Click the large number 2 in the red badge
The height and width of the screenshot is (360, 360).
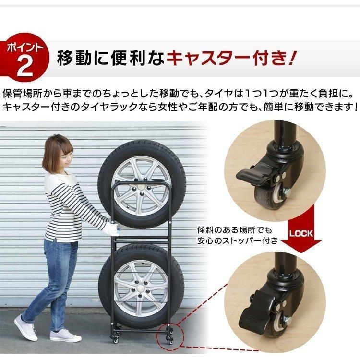point(24,67)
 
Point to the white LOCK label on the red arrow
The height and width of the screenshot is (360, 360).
point(301,234)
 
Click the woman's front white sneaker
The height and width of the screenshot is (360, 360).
point(65,335)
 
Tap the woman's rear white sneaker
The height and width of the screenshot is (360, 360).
point(25,327)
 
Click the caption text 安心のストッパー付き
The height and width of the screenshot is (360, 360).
point(237,240)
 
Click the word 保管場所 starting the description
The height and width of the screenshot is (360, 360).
point(21,92)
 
